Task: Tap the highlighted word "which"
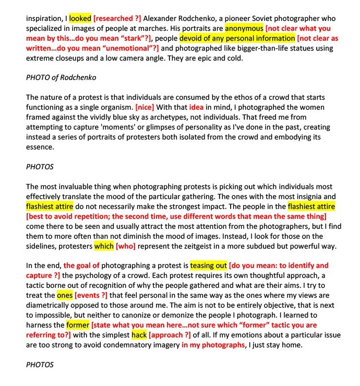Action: [104, 246]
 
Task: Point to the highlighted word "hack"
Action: [139, 335]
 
